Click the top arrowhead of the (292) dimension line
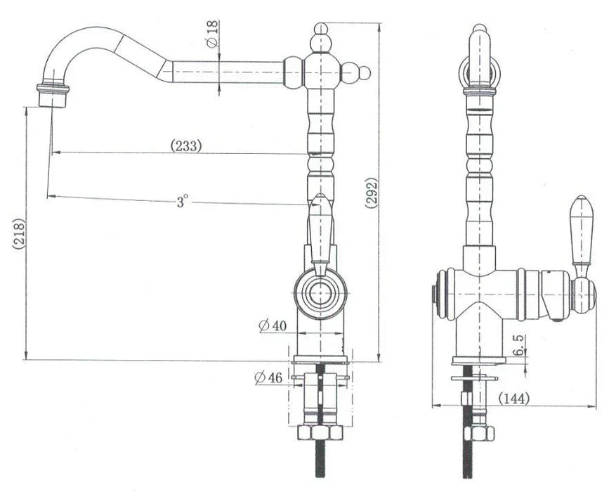(x=379, y=26)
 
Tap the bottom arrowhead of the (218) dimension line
(x=26, y=356)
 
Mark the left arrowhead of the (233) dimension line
(x=55, y=152)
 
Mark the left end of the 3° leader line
(x=48, y=195)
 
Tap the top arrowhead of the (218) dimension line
(x=26, y=110)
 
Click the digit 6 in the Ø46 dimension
(x=278, y=377)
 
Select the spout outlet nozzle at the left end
(x=53, y=95)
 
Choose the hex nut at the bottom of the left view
(x=320, y=432)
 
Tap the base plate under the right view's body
(x=478, y=360)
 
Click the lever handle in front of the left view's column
(x=320, y=235)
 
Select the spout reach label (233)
(x=186, y=145)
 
